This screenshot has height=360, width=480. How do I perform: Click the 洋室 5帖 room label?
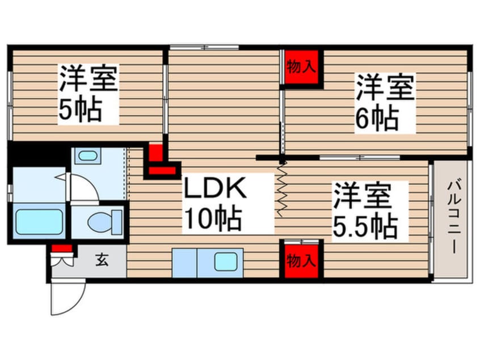pos(88,94)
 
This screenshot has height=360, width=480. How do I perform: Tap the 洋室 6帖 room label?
pos(385,102)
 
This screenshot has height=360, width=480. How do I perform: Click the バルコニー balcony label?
pos(453,216)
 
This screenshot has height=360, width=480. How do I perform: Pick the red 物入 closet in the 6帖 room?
pos(301,68)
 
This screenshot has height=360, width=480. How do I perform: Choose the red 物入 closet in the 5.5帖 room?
pos(301,260)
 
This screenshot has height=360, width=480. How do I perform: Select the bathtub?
pos(39,222)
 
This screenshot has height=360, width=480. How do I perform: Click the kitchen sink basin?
pos(225,262)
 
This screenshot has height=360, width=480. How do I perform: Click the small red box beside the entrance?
pos(62,248)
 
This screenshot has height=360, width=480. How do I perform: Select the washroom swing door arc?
pos(82,188)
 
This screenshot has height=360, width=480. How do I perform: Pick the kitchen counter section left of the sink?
pos(184,263)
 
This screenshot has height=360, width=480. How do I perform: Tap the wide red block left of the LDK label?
pos(163,169)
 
